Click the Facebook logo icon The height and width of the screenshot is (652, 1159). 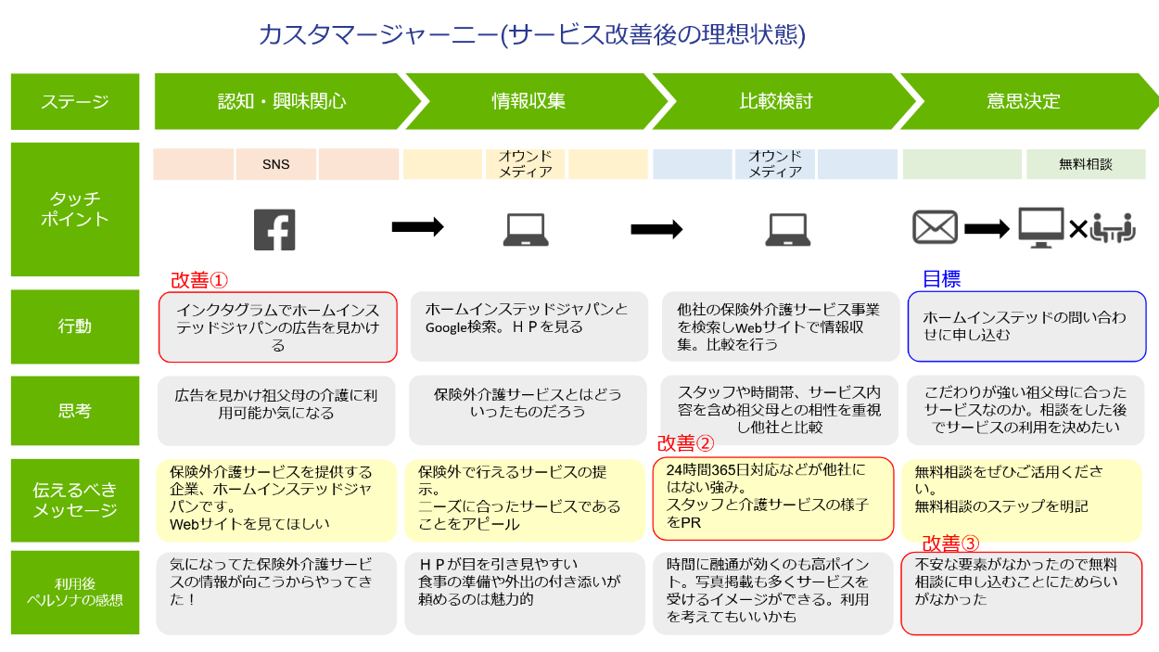pos(274,230)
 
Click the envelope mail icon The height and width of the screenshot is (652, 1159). pos(935,228)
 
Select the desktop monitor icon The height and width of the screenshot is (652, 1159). pos(1040,227)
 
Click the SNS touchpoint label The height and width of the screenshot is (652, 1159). pos(276,164)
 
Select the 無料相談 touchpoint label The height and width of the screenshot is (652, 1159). pos(1086,164)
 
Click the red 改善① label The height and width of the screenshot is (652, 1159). pos(198,280)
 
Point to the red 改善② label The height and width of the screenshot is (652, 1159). pos(686,444)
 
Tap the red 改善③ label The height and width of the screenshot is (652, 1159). pos(950,543)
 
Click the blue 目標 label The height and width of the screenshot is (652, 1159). pos(941,279)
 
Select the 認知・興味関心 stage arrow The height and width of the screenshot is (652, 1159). pos(282,101)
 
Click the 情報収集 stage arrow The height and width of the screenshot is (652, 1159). pos(529,101)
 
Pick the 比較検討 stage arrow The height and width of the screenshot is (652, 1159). pos(776,101)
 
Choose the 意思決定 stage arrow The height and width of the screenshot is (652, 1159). pos(1024,101)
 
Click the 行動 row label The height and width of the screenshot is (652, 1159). pos(75,326)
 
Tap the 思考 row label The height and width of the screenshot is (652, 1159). pos(75,410)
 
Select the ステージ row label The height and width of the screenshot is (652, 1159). pos(75,102)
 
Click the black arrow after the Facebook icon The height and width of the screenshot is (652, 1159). pos(417,227)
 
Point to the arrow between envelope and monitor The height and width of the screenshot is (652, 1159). pos(987,228)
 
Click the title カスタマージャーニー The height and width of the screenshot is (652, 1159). pos(531,35)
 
